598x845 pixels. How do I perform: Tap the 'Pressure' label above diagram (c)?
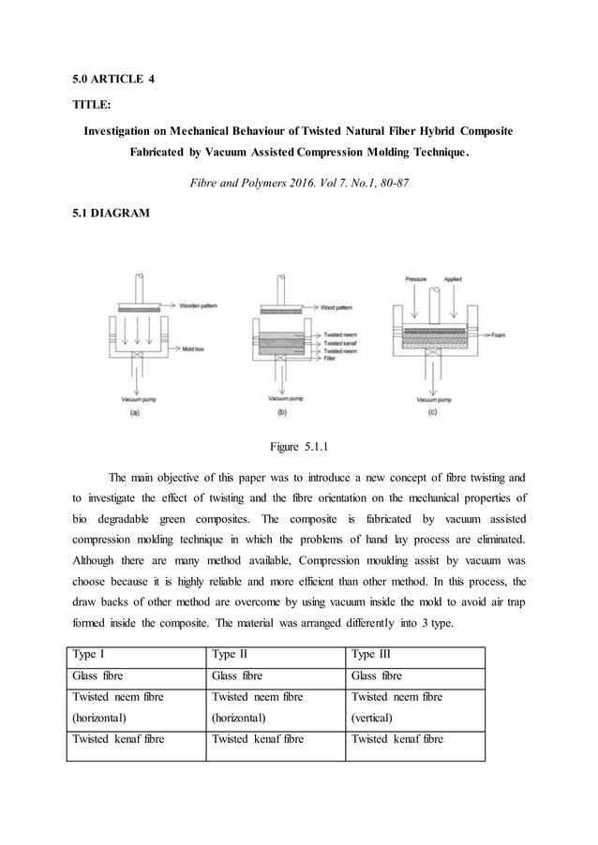pos(416,279)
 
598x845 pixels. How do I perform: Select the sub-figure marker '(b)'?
pos(282,411)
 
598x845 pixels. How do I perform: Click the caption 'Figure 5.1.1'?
pos(298,436)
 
